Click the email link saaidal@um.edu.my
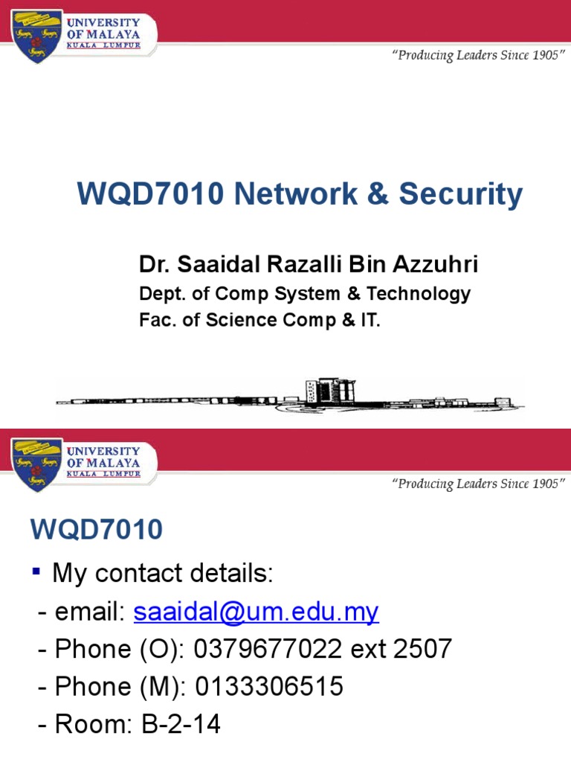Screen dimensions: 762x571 click(x=256, y=612)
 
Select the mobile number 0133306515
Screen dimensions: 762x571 click(x=269, y=686)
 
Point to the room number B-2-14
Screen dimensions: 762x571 click(x=181, y=723)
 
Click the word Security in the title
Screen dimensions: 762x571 click(x=461, y=195)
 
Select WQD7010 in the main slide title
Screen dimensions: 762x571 click(x=150, y=195)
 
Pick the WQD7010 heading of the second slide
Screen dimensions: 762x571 click(x=97, y=530)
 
